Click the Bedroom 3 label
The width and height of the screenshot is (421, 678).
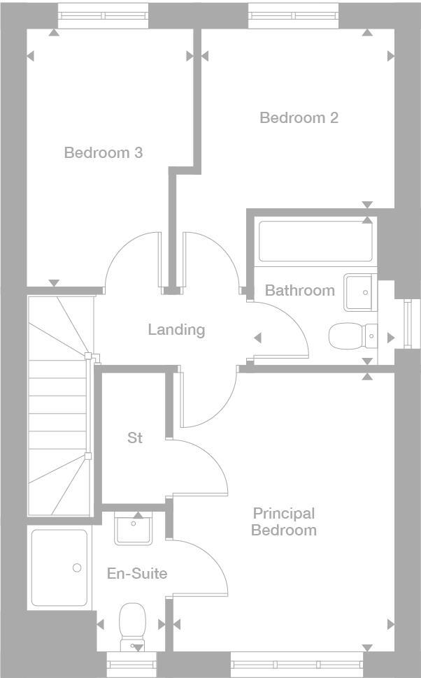[104, 152]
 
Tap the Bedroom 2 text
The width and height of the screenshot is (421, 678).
[299, 117]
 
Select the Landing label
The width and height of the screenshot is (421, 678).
[176, 329]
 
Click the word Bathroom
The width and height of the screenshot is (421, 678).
[299, 290]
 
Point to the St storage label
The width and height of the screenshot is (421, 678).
[135, 438]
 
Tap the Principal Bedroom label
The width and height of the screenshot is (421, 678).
[284, 522]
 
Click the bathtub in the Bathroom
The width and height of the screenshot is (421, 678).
[315, 242]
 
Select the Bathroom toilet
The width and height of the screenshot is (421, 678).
[347, 336]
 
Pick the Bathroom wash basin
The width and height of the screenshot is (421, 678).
[359, 291]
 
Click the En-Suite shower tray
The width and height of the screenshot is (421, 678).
[60, 568]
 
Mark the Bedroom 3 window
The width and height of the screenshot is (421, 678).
[103, 15]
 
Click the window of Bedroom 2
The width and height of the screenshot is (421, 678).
[294, 15]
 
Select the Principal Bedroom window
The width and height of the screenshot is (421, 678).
[297, 663]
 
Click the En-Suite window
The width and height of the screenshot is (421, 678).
[132, 663]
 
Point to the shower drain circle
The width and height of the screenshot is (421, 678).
[77, 568]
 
